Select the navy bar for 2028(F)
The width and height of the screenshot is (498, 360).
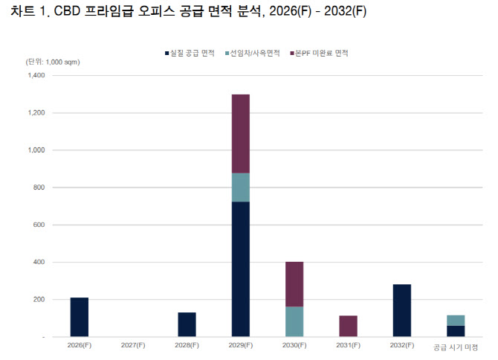coord(187,324)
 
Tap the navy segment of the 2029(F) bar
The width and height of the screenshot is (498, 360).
coord(240,269)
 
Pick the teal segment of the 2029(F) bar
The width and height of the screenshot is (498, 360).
coord(240,187)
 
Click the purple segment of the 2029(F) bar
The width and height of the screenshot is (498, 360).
coord(240,134)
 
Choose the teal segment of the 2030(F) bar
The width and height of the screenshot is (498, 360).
coord(294,321)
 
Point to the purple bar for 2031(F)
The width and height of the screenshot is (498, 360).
coord(348,326)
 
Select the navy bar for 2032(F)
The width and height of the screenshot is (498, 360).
coord(401,310)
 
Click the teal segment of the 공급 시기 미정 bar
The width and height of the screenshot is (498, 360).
coord(456,321)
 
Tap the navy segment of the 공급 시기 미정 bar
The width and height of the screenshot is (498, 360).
coord(456,331)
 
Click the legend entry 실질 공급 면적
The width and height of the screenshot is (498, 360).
coord(189,54)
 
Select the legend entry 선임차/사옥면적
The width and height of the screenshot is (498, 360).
coord(254,54)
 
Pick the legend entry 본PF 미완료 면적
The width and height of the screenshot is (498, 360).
coord(321,54)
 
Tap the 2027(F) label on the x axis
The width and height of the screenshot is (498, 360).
coord(133,346)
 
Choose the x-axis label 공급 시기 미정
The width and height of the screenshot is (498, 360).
coord(456,346)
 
